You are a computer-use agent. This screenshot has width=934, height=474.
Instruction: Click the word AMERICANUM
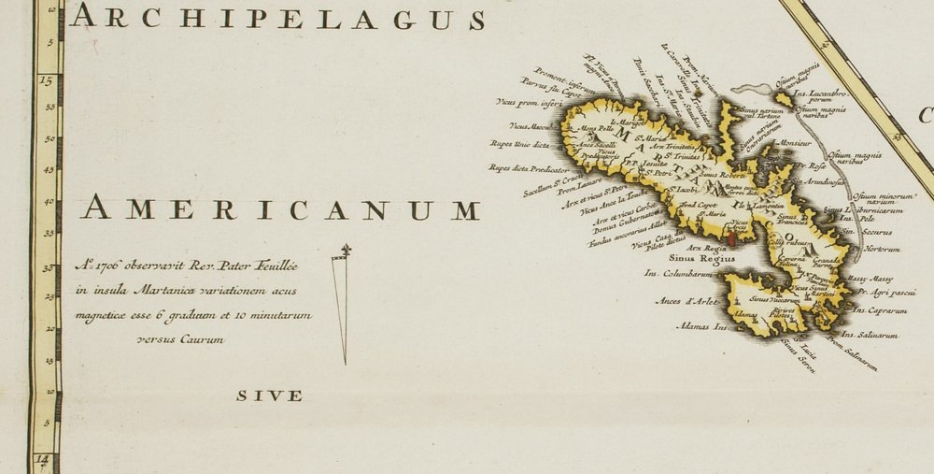(x=280, y=209)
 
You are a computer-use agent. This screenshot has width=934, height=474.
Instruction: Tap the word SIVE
(x=269, y=395)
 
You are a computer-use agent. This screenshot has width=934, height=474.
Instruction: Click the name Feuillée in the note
(x=278, y=266)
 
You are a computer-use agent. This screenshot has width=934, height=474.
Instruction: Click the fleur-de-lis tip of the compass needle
(x=347, y=250)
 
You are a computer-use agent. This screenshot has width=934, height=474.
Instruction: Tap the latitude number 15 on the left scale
(x=46, y=80)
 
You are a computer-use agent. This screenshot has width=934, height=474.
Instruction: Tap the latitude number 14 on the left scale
(x=42, y=460)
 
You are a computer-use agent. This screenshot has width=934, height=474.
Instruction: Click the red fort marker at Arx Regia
(x=731, y=241)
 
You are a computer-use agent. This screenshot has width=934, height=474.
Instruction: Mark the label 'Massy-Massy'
(x=870, y=279)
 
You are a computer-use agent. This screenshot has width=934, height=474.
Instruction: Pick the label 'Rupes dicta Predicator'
(x=528, y=169)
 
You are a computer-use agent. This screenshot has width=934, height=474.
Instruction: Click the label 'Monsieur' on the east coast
(x=795, y=143)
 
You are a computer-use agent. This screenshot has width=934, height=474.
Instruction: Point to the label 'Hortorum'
(x=883, y=249)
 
